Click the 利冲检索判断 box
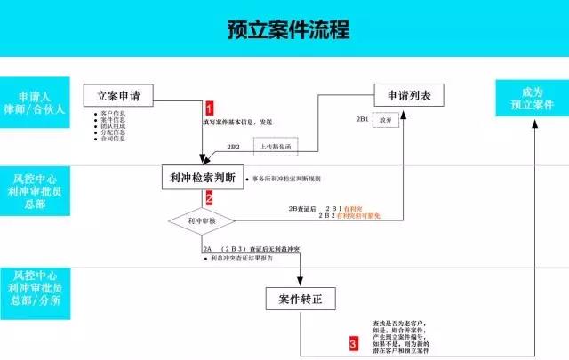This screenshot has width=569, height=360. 202,177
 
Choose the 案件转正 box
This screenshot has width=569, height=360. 301,299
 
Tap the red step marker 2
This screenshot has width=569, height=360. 210,198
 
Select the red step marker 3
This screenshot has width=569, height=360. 353,342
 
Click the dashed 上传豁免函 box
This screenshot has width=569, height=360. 277,146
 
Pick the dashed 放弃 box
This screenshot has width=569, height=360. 383,118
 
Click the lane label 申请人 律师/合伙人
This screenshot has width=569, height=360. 39,103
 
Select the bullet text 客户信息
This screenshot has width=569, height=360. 114,114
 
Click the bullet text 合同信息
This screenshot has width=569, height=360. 114,140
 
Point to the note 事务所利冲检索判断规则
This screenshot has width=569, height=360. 290,179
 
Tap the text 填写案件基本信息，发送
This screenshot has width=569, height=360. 237,122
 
